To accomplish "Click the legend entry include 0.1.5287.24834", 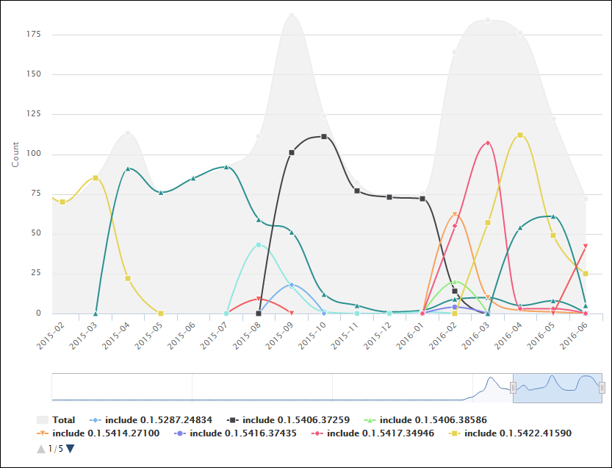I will [x=155, y=419].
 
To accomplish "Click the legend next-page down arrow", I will [x=71, y=448].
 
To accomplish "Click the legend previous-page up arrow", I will [x=40, y=448].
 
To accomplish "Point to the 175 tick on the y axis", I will [x=35, y=35].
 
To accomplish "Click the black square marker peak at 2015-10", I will [x=324, y=137].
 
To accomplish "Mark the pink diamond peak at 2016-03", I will [x=487, y=143].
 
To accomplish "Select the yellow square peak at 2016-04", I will [x=520, y=135].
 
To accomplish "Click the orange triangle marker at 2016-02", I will [x=455, y=214].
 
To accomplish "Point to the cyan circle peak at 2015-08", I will [x=259, y=244].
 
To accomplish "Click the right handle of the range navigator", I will [x=602, y=388].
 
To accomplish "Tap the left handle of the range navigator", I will [x=513, y=388].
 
